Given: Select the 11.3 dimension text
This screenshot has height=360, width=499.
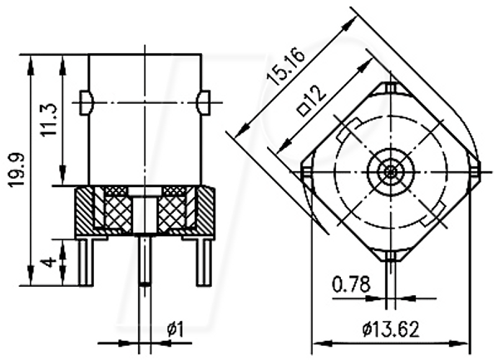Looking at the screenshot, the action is coord(49,119).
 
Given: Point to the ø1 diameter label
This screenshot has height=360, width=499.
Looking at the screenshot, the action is coord(175,329).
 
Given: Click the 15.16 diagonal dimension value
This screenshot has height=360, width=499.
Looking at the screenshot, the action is coord(285,66).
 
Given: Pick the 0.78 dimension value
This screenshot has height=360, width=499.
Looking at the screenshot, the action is coord(351,284).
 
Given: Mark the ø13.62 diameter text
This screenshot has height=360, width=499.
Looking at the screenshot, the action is coord(391,329).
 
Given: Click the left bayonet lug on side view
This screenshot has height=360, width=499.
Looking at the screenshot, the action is coord(86,103).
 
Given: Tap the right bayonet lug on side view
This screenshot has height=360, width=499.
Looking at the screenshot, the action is coord(204,102).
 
